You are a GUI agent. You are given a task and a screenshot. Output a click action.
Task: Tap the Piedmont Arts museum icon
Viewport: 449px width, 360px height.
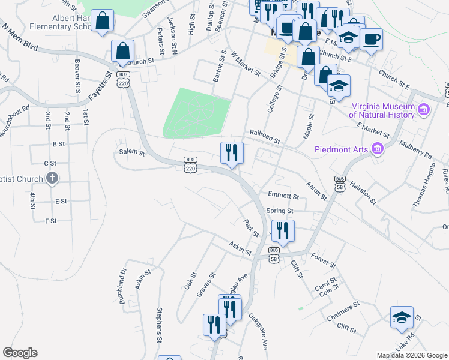(x=378, y=148)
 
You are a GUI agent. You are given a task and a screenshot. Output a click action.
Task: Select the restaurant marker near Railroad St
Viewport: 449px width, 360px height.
(x=232, y=153)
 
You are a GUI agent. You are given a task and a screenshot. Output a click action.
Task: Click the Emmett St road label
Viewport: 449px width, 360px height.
(x=283, y=196)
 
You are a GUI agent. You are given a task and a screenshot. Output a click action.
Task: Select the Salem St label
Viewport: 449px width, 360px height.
(x=132, y=153)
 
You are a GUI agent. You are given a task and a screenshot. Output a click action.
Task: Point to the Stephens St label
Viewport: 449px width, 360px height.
(x=160, y=326)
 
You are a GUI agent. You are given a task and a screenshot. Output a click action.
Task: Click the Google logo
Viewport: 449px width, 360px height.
(x=20, y=353)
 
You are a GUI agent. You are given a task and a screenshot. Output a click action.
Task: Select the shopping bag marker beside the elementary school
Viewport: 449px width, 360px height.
(x=103, y=20)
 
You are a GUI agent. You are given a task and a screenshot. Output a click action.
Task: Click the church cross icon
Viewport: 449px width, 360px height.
(x=52, y=178)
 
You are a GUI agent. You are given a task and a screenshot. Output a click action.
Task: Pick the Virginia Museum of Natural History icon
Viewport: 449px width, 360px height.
(x=424, y=110)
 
